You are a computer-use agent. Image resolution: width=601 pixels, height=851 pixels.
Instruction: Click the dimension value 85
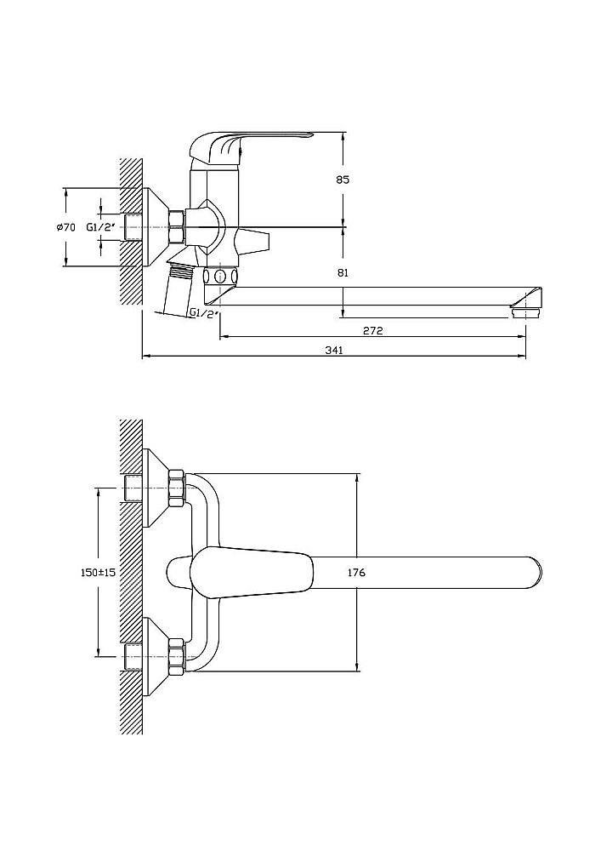343,180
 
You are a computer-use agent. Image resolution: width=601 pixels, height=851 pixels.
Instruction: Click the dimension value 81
343,272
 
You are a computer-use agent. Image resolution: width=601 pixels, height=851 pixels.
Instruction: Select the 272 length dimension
371,331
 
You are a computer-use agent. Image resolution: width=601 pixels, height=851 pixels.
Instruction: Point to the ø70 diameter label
66,227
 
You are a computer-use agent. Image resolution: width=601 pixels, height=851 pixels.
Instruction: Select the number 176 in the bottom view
356,573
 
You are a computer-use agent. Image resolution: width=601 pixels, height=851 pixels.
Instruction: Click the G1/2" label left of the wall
101,227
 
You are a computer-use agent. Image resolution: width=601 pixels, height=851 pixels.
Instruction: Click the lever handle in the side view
255,142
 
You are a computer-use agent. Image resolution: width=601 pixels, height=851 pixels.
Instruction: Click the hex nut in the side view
177,227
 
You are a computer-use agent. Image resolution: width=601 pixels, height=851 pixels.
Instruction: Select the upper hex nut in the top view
177,488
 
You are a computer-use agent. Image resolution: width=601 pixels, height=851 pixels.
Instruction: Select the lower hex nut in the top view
177,657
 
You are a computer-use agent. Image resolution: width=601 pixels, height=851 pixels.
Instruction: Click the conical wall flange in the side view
156,227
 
